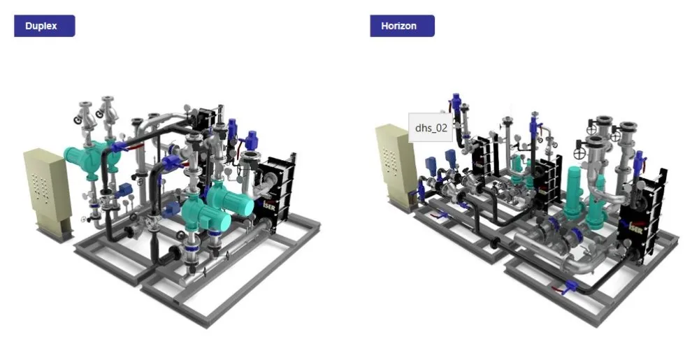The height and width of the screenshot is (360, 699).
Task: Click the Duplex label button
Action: pos(45,26)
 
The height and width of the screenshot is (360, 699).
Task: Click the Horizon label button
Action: pos(402,26)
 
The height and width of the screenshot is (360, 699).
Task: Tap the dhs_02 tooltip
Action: pos(431,127)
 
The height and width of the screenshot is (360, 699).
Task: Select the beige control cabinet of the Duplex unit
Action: pos(48,194)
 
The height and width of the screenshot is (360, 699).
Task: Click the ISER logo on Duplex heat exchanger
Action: pos(269,206)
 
